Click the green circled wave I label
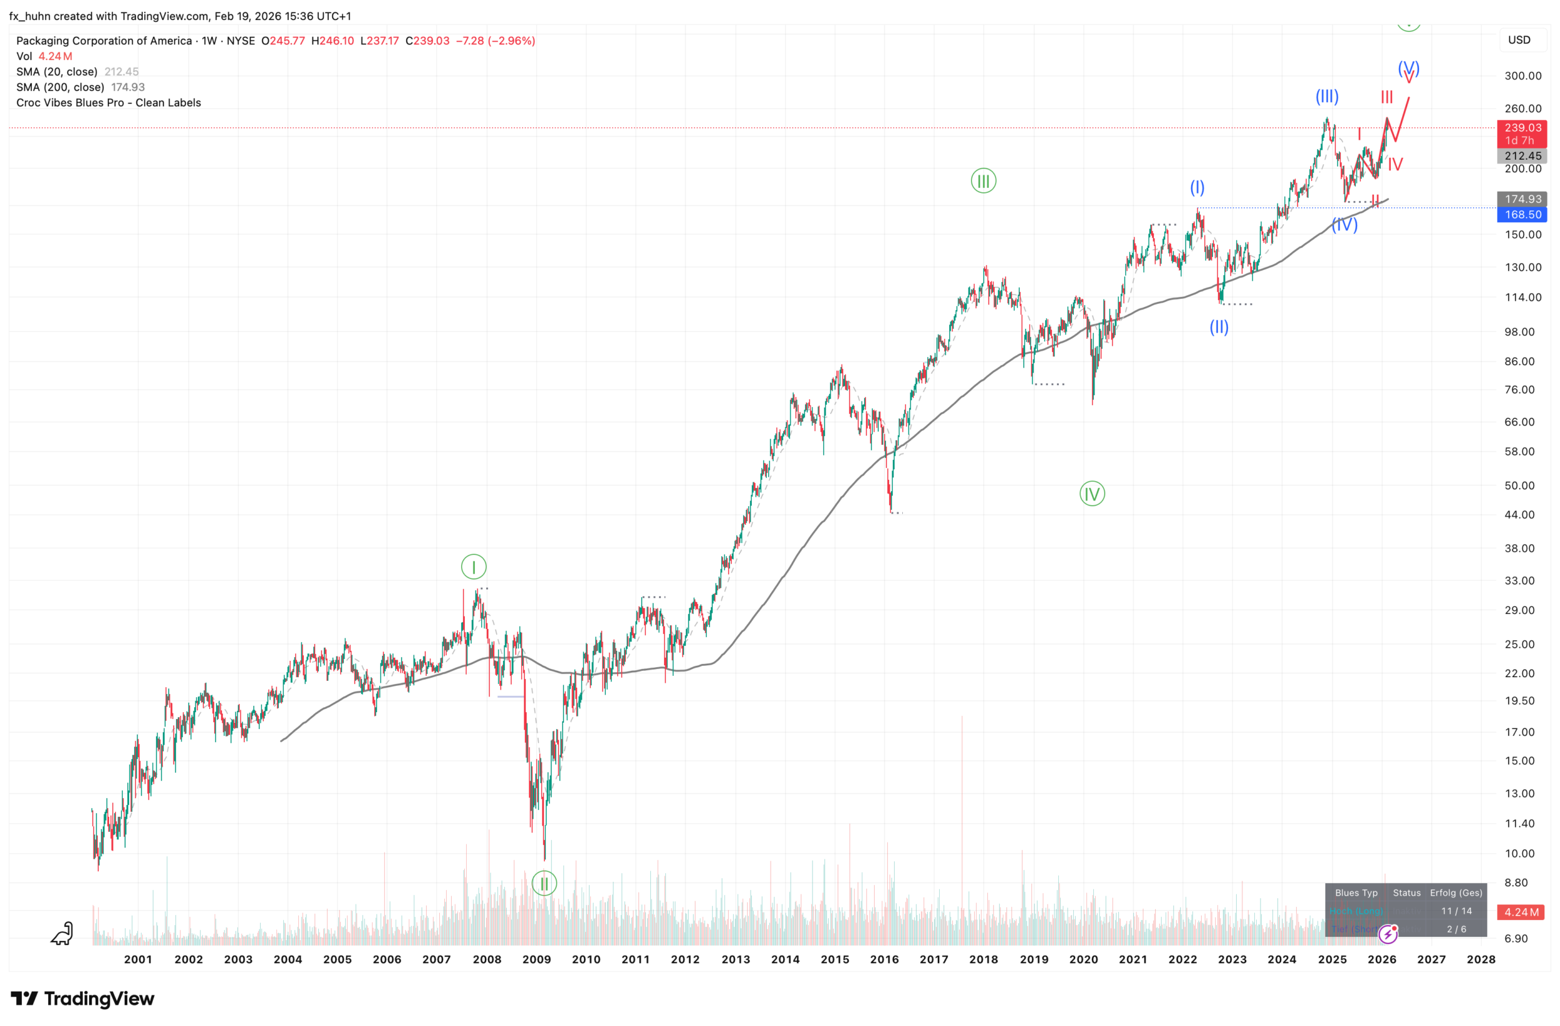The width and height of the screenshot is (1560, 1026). point(473,567)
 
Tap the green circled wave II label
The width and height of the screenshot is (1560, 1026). point(544,883)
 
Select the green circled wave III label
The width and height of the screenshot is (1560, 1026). point(983,181)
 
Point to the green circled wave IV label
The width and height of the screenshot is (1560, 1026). point(1092,494)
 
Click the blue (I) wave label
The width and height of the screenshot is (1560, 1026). point(1197,187)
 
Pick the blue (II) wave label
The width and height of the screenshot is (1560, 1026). point(1219,326)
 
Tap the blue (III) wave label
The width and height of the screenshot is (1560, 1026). point(1327,96)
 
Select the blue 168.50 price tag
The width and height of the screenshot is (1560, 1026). point(1522,215)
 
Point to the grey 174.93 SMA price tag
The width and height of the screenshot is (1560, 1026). point(1522,198)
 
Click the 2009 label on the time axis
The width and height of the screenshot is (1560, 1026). point(536,959)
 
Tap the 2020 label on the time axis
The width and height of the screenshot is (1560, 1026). point(1083,959)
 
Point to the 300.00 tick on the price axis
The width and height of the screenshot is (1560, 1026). point(1522,76)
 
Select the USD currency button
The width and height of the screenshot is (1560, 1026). point(1519,40)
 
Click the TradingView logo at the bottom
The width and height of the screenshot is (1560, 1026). point(82,999)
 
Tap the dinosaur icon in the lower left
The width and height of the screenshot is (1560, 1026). point(62,933)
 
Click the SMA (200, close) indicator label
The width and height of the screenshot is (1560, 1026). point(61,87)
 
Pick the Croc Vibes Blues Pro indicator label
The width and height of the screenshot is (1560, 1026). point(109,103)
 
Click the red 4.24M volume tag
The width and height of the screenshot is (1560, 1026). point(1521,912)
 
